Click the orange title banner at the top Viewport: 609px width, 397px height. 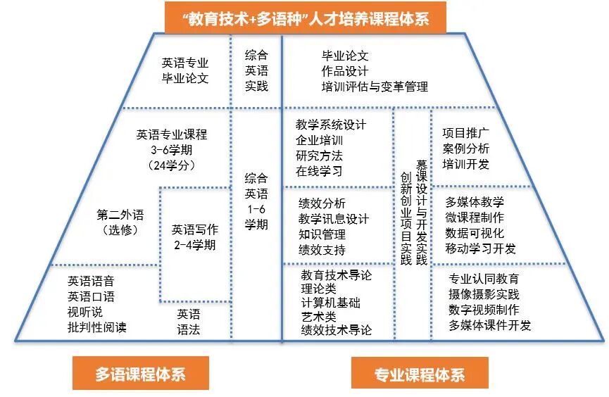click(304, 16)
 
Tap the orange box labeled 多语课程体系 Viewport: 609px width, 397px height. click(140, 374)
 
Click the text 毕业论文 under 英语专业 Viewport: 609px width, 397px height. click(185, 78)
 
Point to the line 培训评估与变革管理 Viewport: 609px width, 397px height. click(375, 87)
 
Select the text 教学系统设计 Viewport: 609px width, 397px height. click(331, 125)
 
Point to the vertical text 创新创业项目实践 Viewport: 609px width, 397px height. click(406, 218)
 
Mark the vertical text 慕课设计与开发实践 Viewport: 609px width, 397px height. click(422, 211)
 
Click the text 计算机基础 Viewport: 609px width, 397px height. click(330, 303)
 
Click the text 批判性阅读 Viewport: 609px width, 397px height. click(97, 327)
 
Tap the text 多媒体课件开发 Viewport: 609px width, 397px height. click(489, 325)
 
